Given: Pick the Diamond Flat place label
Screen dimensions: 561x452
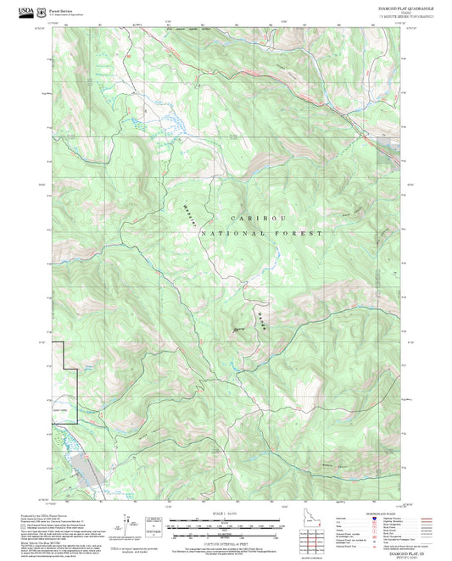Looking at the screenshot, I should pyautogui.click(x=239, y=330).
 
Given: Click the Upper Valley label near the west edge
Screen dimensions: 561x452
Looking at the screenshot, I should pyautogui.click(x=62, y=412).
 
